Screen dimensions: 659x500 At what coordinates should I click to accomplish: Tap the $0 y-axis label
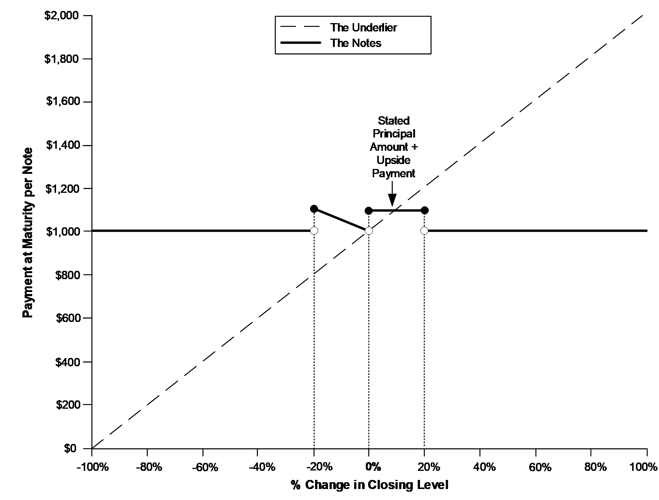click(71, 448)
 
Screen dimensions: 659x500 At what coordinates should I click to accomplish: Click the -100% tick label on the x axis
click(92, 467)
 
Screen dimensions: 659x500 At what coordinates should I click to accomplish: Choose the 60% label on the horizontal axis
click(536, 467)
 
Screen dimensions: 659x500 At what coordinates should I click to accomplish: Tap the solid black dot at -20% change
click(314, 209)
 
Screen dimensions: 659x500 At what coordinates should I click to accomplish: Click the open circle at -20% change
click(314, 231)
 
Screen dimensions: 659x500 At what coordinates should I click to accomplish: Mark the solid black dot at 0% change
click(369, 211)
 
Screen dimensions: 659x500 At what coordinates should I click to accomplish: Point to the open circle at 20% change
click(424, 231)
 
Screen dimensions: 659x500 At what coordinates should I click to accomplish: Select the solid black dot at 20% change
click(425, 211)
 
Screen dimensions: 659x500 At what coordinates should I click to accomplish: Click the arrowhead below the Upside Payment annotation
click(392, 201)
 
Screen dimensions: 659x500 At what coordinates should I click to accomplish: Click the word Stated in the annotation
click(394, 121)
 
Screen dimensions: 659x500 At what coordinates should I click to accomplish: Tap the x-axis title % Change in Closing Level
click(370, 485)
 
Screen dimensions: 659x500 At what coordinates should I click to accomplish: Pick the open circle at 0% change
click(369, 231)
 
